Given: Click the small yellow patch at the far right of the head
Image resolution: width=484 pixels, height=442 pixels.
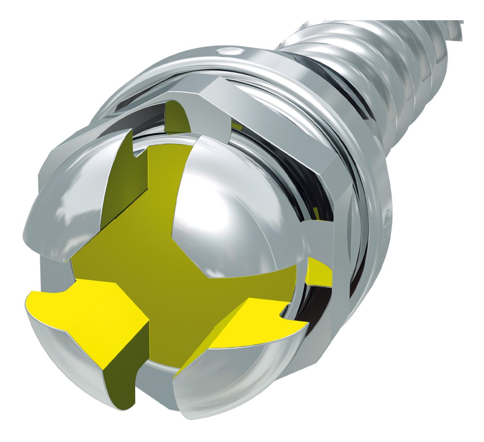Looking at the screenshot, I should click(320, 271).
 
